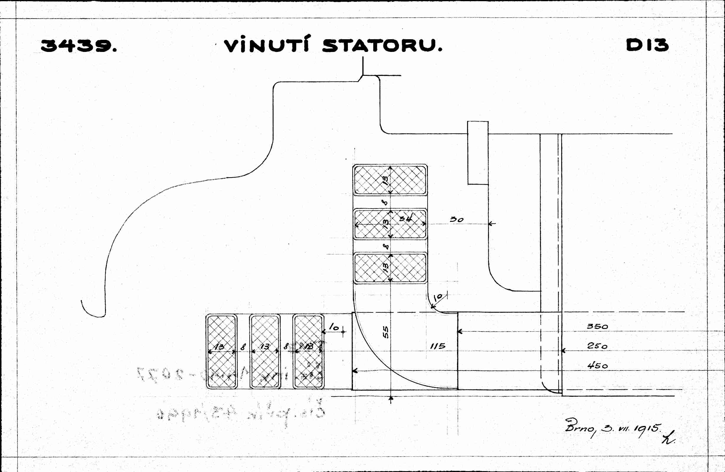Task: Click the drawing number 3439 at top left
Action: [x=78, y=46]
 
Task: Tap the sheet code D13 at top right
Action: [x=647, y=45]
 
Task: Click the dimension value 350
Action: [x=597, y=327]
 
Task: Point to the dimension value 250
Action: [x=597, y=346]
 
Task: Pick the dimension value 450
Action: [x=597, y=366]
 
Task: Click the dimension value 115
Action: [x=438, y=346]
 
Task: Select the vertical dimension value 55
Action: [x=386, y=332]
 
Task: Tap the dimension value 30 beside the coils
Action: [x=456, y=219]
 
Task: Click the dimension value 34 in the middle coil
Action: [x=406, y=218]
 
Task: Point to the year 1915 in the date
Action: [x=647, y=429]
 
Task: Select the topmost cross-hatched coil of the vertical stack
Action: [x=390, y=180]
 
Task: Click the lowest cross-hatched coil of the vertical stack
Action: [x=390, y=268]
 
